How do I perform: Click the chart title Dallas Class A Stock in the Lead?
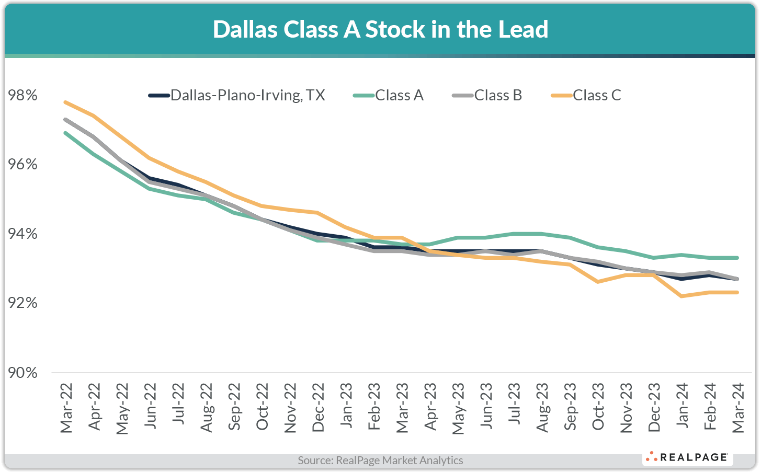[380, 29]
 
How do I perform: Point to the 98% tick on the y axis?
[23, 96]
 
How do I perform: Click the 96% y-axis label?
[23, 165]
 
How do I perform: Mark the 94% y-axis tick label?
[23, 234]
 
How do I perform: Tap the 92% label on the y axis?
[23, 303]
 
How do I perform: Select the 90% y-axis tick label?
[23, 373]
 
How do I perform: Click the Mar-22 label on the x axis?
[66, 408]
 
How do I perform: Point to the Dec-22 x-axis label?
[318, 408]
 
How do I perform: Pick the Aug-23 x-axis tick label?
[542, 408]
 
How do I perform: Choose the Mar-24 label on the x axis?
[737, 408]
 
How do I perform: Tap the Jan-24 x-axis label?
[682, 408]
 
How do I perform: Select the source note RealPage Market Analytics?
[380, 461]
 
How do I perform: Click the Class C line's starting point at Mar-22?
[65, 102]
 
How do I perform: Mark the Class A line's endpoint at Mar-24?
[737, 258]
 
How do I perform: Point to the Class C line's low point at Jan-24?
[681, 296]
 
